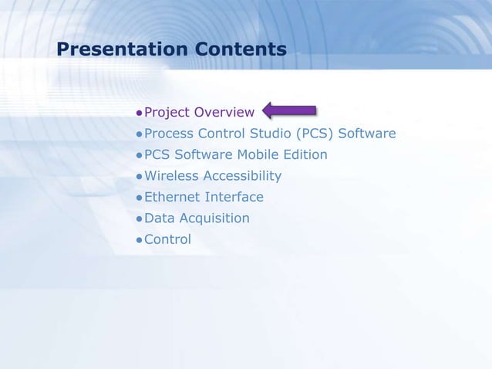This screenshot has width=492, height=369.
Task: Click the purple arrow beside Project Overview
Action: (290, 112)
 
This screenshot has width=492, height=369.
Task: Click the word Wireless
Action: (171, 176)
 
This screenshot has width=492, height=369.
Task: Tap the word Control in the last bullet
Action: (167, 239)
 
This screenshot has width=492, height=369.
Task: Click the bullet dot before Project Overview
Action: (140, 114)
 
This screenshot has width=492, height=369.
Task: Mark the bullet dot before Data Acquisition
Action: (140, 219)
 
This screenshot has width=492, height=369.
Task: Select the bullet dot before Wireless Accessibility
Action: (140, 177)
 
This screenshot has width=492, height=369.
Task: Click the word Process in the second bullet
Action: (170, 134)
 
